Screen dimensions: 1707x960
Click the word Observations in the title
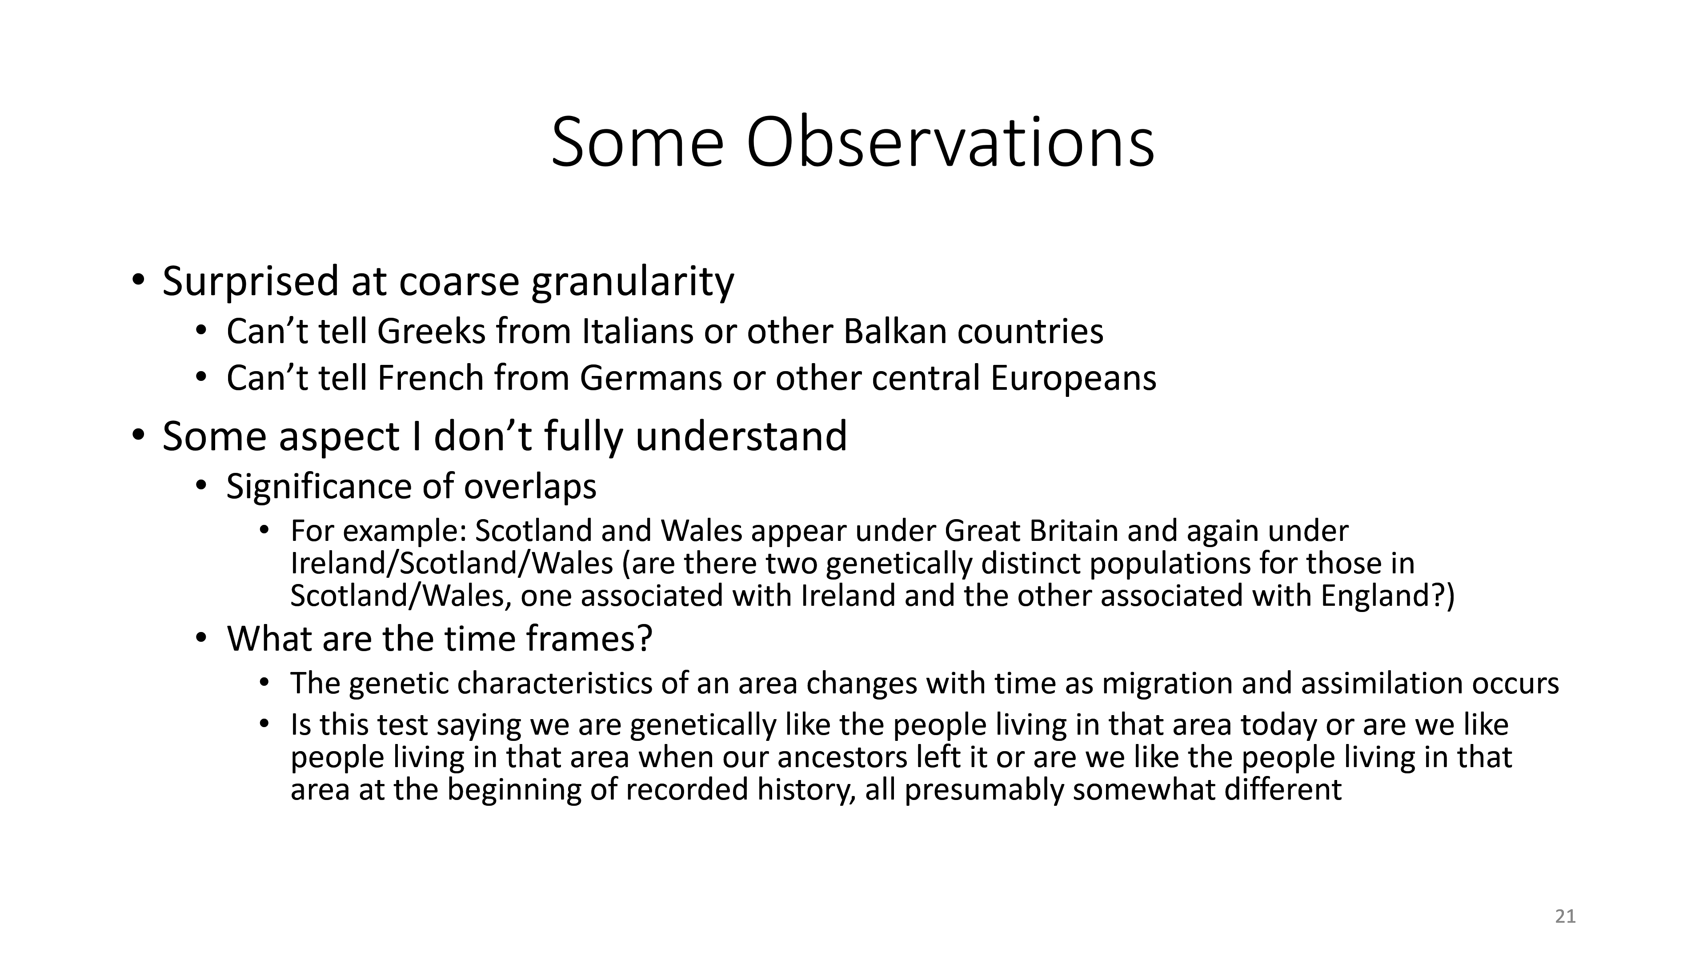[950, 143]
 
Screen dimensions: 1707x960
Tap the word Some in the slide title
[637, 143]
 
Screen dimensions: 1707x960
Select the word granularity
[633, 282]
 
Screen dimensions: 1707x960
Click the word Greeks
[431, 331]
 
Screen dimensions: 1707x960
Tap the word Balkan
[894, 331]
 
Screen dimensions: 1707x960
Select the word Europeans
[1074, 378]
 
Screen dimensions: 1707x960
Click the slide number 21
[1565, 916]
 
